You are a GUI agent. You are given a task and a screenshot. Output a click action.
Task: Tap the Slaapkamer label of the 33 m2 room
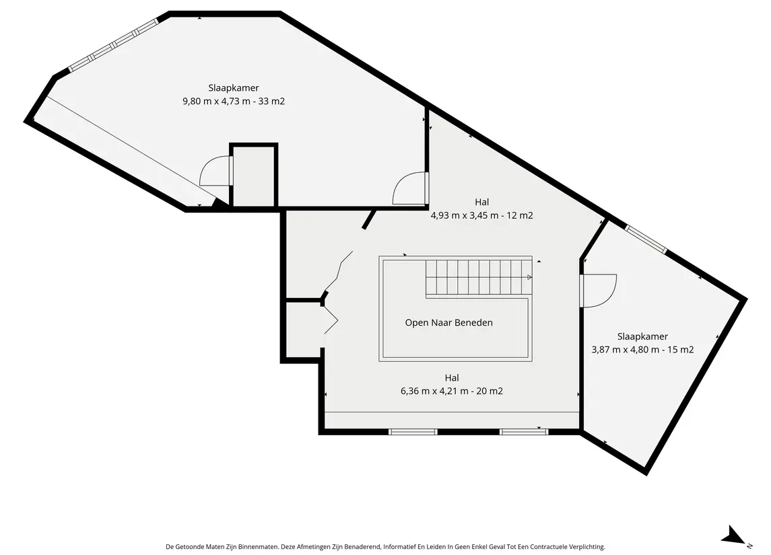[x=234, y=88]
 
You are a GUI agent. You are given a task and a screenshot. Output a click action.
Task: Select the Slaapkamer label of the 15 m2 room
[x=642, y=336]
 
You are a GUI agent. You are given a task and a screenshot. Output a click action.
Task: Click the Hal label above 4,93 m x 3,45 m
[x=482, y=202]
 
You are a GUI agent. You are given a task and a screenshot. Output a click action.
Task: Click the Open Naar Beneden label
[x=449, y=323]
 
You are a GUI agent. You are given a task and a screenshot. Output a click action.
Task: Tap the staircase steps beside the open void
[x=479, y=279]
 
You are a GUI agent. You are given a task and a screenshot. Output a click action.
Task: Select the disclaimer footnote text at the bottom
[x=385, y=547]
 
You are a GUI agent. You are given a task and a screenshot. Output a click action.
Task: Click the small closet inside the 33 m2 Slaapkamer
[x=254, y=176]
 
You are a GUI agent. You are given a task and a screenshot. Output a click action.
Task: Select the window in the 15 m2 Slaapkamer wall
[x=646, y=239]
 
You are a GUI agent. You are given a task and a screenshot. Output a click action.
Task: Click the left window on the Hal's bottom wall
[x=413, y=432]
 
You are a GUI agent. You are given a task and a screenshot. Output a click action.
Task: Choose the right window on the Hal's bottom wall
[x=524, y=432]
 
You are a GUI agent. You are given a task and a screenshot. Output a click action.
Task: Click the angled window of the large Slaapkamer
[x=113, y=45]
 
